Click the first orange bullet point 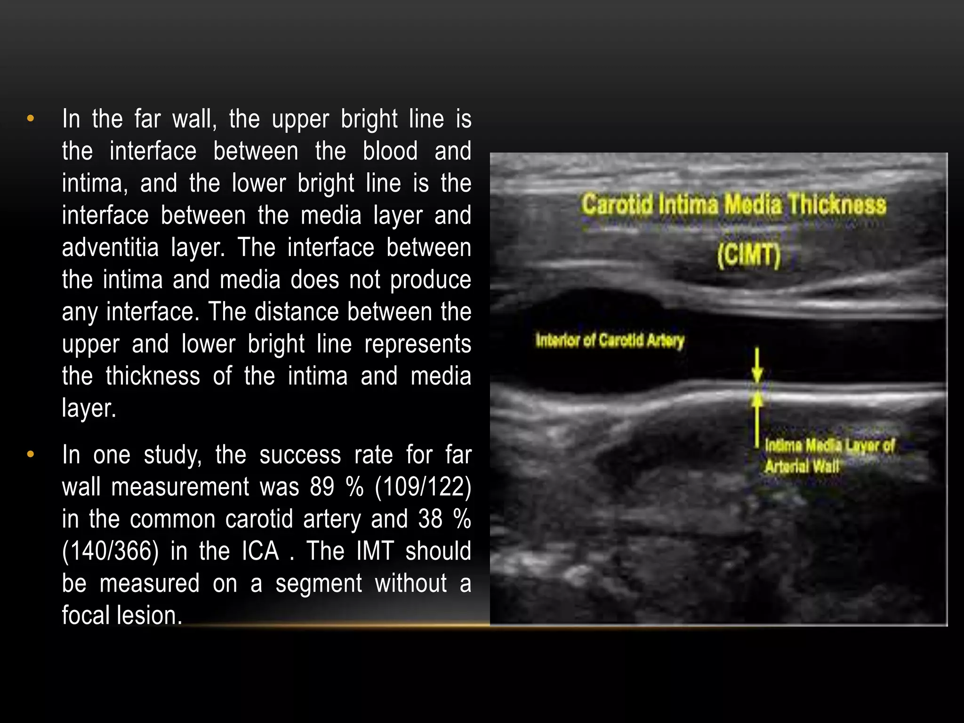point(31,119)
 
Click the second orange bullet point point(31,455)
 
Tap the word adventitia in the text point(110,248)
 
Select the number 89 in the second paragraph point(322,487)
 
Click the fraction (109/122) point(423,487)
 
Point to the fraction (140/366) point(110,551)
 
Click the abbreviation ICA point(260,551)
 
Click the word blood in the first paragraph point(390,151)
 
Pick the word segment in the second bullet point(319,584)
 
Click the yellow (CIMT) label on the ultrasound point(748,255)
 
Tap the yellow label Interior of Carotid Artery point(610,340)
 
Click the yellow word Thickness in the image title point(837,205)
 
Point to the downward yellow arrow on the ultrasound point(757,365)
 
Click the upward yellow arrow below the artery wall point(757,414)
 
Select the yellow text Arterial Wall point(802,467)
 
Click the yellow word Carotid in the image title point(617,205)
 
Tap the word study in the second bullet point(172,455)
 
